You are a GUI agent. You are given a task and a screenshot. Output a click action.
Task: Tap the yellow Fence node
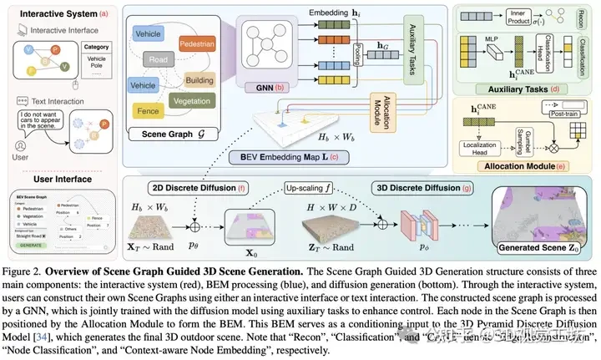[149, 109]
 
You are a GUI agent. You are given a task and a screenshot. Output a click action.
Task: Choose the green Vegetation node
[198, 101]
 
